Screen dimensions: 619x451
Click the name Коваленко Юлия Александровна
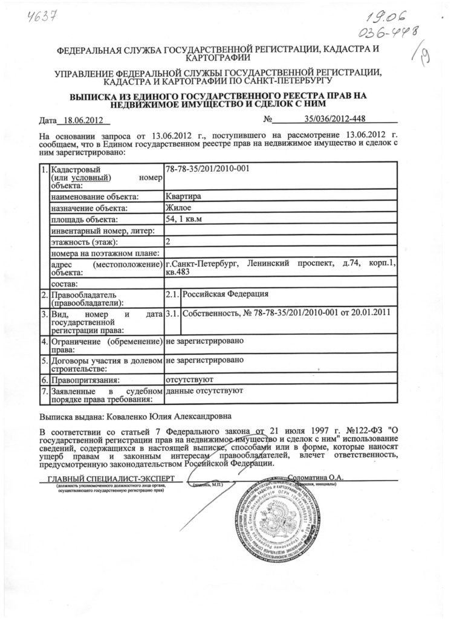169,416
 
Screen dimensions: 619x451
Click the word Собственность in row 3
209,313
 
